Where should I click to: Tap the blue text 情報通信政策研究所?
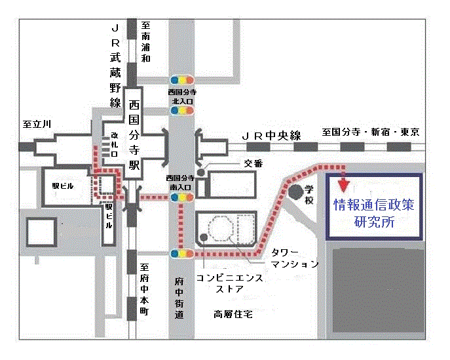(374, 213)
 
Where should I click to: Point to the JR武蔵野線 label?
(115, 66)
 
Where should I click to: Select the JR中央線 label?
(271, 136)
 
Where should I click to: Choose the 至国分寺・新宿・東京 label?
(370, 132)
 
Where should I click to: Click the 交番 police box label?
(253, 163)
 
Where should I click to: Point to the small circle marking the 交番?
(201, 172)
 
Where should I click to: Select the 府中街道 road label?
(181, 298)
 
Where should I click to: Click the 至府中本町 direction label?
(146, 289)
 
